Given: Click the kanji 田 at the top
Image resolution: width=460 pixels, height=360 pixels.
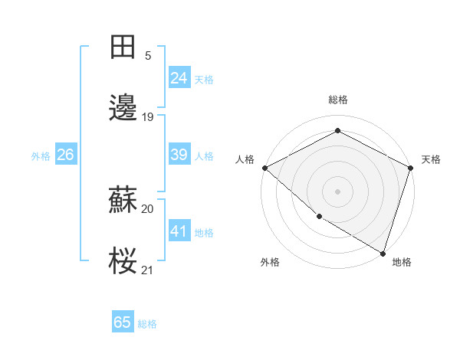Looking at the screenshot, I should [123, 47].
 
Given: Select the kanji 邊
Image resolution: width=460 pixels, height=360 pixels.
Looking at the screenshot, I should [123, 108].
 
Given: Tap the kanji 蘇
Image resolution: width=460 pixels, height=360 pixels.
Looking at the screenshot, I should [123, 201].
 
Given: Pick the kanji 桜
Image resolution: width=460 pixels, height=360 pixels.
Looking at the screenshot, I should [123, 262].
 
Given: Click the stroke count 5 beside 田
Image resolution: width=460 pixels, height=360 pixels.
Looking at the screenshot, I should [148, 56].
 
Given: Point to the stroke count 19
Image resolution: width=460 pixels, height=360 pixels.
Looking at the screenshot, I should [148, 117].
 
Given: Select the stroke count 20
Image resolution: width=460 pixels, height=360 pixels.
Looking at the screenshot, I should [148, 208].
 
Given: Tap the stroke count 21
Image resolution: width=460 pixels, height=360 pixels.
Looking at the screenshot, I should [148, 270].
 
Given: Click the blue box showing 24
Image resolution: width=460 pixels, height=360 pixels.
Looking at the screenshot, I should [179, 78].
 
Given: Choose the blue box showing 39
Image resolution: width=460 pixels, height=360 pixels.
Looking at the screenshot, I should [179, 155].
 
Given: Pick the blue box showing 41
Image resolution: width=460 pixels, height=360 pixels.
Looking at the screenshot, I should [179, 231].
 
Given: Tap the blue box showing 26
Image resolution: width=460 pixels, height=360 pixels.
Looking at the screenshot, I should [65, 155].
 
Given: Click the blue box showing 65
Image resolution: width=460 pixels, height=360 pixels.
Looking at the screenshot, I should [123, 322].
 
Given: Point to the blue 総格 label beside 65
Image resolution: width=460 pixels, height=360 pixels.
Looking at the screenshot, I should [147, 324].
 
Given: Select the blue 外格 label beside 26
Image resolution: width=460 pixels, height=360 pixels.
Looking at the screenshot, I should [41, 156].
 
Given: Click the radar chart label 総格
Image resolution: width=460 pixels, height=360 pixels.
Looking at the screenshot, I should [337, 100].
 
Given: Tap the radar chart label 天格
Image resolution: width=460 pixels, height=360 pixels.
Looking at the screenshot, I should [431, 159].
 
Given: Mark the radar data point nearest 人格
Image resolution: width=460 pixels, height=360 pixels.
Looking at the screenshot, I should [264, 168].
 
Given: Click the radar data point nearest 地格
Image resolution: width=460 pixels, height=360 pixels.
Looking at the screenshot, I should [383, 252].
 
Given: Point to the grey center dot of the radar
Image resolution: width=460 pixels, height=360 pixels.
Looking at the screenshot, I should [337, 191].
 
